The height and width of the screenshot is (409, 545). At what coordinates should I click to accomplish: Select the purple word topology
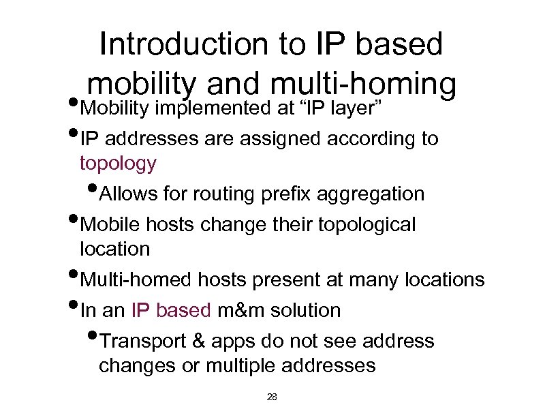pos(118,164)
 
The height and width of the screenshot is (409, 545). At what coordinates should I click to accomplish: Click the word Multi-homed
pos(137,279)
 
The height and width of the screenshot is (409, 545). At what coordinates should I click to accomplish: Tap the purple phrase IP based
pos(171,310)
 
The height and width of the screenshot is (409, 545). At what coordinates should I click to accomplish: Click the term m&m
pos(241,310)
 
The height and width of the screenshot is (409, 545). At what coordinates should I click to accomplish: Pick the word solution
pos(305,310)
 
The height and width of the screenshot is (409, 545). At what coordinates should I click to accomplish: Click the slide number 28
pos(272,396)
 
